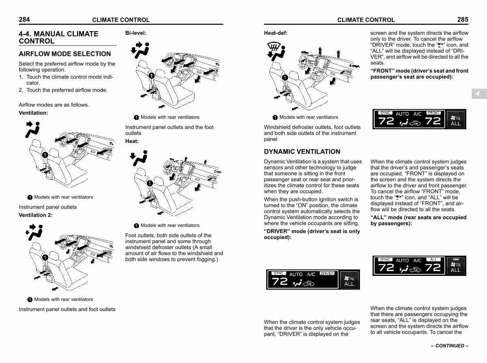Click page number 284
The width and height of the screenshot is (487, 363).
tap(24, 19)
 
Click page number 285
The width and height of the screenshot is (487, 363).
tap(462, 19)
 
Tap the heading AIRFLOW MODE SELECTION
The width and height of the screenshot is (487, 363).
tap(65, 54)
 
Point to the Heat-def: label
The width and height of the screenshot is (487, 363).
tap(276, 33)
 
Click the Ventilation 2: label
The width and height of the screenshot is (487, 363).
tap(36, 215)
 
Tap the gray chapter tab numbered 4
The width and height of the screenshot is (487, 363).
tap(478, 94)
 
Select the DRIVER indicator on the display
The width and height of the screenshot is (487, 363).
tap(327, 273)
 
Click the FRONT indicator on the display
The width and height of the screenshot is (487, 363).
tap(433, 113)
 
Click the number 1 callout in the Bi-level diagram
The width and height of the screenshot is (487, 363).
tap(151, 75)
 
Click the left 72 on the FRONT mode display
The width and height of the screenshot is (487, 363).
tap(386, 121)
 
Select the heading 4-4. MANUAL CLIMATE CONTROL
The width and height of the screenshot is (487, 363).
tap(58, 37)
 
